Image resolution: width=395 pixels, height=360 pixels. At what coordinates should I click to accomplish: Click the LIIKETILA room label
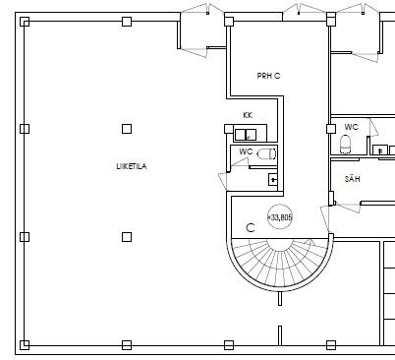click(x=132, y=166)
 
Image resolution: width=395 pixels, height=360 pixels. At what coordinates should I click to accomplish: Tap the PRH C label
click(x=268, y=76)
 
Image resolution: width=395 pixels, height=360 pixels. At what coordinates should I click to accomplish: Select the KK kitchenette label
click(x=248, y=115)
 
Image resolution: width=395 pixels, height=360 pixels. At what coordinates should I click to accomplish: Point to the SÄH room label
click(x=353, y=179)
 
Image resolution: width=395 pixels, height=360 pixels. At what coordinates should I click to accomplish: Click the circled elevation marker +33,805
click(x=280, y=217)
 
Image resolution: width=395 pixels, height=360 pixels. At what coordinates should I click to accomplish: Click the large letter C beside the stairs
click(x=251, y=227)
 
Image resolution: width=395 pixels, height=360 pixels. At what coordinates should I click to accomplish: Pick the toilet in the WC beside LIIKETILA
click(x=267, y=153)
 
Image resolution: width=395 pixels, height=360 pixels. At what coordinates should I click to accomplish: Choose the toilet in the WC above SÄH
click(x=346, y=145)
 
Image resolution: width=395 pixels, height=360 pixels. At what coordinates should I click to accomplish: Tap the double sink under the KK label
click(x=246, y=135)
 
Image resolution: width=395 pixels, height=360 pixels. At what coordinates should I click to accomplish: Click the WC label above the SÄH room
click(x=351, y=127)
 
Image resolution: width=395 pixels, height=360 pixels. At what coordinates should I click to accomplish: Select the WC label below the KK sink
click(x=246, y=151)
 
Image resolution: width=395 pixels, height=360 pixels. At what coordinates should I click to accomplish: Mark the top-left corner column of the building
click(x=25, y=22)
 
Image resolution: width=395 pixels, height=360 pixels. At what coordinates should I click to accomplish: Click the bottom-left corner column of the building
click(x=25, y=345)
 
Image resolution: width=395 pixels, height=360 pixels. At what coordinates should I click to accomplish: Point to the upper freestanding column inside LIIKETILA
click(x=127, y=129)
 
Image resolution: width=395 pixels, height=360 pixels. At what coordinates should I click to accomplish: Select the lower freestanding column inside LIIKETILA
click(x=127, y=237)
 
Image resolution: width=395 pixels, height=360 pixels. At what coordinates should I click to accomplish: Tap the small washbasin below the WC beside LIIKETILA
click(x=273, y=179)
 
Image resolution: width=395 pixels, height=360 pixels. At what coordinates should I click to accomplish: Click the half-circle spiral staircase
click(x=280, y=263)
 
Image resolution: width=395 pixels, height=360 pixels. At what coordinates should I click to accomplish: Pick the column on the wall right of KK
click(x=331, y=129)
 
